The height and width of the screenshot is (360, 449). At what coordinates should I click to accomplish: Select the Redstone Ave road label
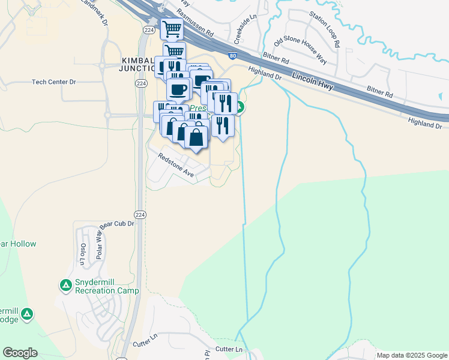click(x=176, y=165)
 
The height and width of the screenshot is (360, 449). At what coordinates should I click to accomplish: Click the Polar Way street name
click(x=101, y=242)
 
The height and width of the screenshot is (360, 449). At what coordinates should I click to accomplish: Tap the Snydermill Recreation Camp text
click(x=107, y=287)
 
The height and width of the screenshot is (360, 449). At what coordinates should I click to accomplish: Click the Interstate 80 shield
click(x=232, y=56)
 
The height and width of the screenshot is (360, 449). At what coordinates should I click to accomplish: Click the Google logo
click(x=20, y=353)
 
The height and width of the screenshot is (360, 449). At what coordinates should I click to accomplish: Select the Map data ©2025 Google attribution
click(x=412, y=355)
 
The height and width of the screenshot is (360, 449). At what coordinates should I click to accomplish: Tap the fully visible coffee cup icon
click(x=178, y=89)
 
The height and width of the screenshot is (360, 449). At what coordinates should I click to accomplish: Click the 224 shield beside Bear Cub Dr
click(x=139, y=214)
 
